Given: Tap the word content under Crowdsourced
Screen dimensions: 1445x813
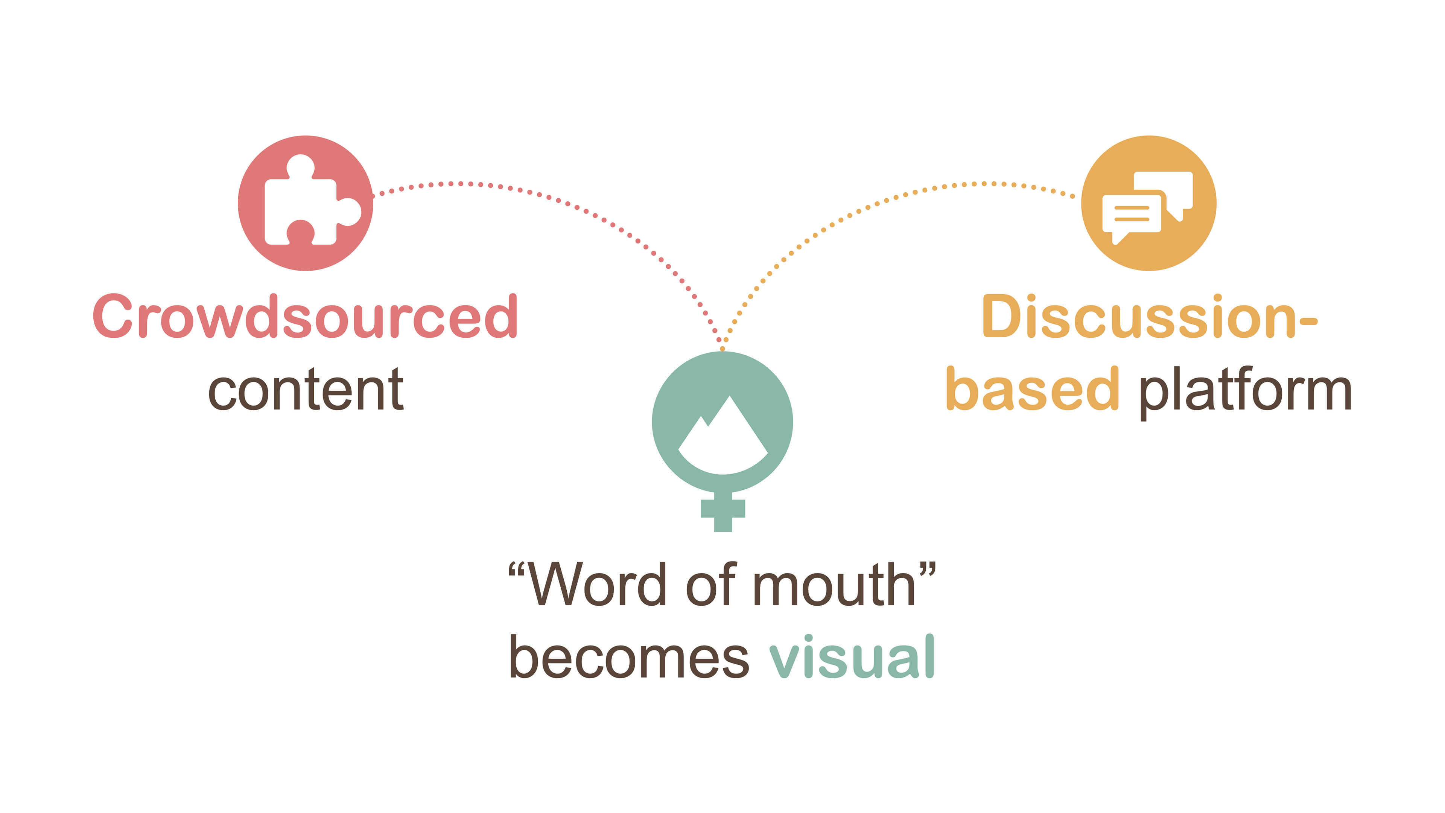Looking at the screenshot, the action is [x=306, y=390].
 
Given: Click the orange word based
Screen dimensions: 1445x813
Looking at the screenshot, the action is [x=1032, y=390].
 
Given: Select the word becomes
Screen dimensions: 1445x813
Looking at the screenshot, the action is [x=628, y=657].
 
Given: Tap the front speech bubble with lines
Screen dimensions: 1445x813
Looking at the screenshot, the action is [x=1131, y=214].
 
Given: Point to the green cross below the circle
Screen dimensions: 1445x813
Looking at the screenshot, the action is [x=723, y=511].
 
